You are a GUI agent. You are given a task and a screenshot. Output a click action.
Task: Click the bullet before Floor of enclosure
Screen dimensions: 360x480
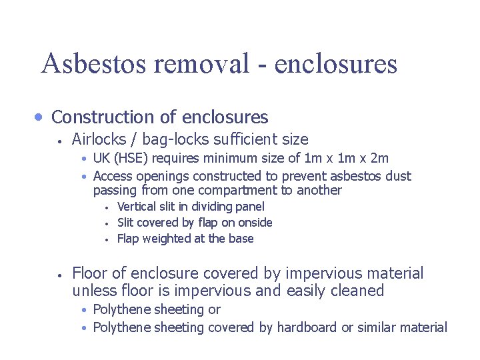coord(59,274)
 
